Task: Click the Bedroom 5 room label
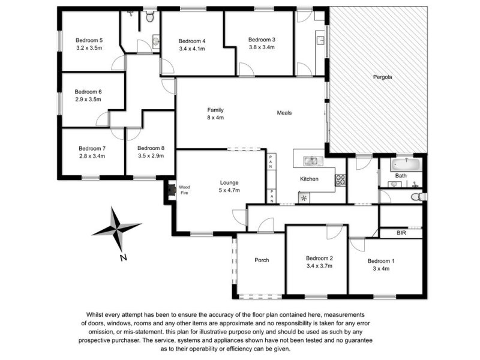pos(89,40)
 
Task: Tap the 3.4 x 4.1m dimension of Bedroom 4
pos(192,49)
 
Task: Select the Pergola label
pos(382,77)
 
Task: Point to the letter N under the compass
pos(124,258)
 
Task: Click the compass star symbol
pos(117,228)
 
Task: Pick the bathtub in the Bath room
pos(406,164)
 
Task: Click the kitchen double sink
pos(313,161)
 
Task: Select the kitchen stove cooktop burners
pos(340,180)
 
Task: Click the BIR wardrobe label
pos(401,233)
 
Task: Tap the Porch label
pos(262,260)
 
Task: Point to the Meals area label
pos(284,113)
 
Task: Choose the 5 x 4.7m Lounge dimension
pos(229,190)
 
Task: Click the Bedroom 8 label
pos(151,148)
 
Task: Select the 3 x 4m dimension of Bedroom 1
pos(381,269)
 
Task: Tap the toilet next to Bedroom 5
pos(149,16)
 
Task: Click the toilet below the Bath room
pos(416,197)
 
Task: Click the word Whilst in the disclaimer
pos(95,314)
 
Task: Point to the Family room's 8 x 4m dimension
pos(215,118)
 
